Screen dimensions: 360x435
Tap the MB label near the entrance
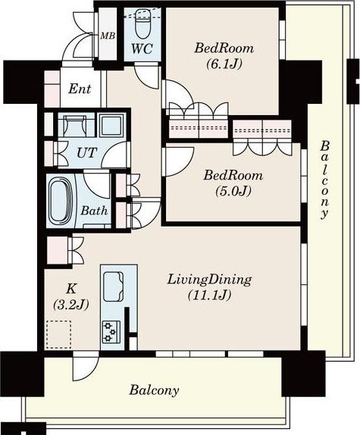[108, 36]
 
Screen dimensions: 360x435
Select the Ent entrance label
[80, 89]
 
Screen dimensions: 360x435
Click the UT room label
[87, 152]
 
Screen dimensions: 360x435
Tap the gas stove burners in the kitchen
[111, 331]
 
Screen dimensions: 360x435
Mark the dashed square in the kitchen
[58, 334]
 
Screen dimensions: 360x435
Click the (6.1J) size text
[224, 64]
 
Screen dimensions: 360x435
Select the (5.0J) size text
[233, 191]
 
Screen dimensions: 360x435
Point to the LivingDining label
[209, 280]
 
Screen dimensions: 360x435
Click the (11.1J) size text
[209, 296]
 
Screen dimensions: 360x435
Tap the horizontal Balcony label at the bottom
[154, 390]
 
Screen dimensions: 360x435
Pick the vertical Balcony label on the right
[325, 180]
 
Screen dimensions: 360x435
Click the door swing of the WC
[147, 76]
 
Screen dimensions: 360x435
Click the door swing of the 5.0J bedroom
[178, 161]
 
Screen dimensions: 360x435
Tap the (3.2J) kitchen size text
[70, 305]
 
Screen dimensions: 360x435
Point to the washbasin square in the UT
[111, 124]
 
